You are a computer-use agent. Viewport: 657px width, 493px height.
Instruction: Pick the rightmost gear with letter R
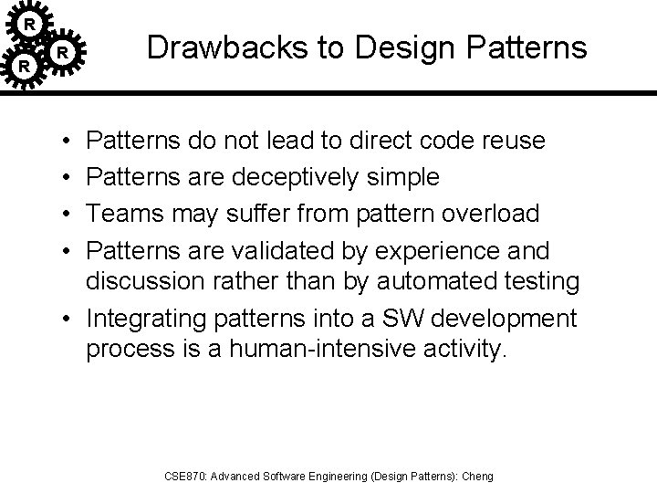[62, 53]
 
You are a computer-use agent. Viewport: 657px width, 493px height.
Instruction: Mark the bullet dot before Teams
[70, 213]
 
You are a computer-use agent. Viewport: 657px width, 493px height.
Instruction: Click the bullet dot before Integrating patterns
[70, 320]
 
